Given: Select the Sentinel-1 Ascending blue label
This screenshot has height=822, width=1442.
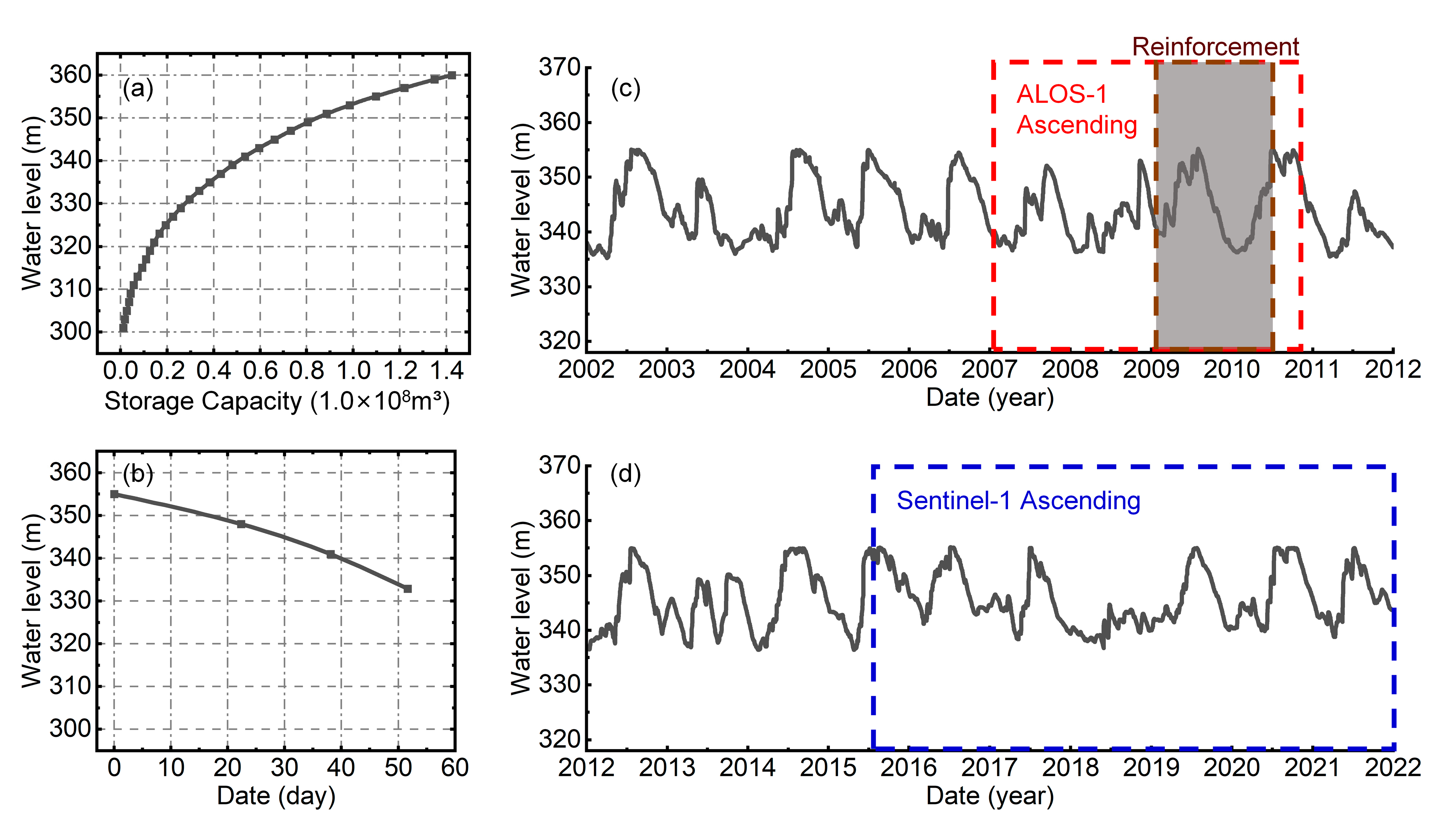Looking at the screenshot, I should point(1018,501).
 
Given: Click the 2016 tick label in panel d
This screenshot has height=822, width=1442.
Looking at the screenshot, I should point(909,768).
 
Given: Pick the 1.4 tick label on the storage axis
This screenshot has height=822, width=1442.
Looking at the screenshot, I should point(447,371).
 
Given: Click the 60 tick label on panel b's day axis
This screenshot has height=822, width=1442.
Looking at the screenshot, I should point(454,768).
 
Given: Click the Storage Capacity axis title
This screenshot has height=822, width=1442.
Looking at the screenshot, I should point(277,402).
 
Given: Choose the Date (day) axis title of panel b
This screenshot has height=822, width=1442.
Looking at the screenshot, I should point(276,796).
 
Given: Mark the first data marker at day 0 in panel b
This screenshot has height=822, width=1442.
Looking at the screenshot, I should point(114,494).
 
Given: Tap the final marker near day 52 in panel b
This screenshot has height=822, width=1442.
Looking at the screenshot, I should point(408,589).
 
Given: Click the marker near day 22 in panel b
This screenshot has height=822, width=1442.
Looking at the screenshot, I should point(241,524).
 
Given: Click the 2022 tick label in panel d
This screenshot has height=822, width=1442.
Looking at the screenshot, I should point(1392,768).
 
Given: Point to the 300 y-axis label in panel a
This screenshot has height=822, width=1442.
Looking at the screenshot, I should point(70,331).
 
